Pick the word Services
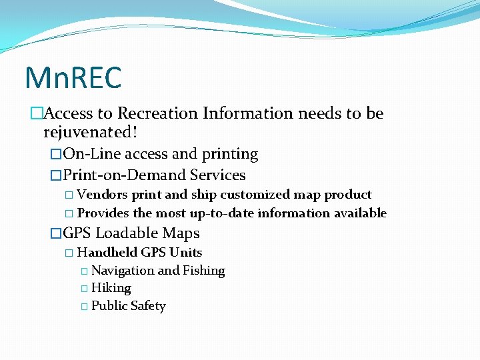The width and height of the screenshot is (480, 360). coord(218,175)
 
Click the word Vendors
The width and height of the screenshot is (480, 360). coord(103,195)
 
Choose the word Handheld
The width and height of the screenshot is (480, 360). coord(107,253)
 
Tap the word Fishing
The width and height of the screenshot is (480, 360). coord(204,271)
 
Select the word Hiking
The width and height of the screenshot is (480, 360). coord(111,288)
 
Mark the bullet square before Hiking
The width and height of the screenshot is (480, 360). coord(84,289)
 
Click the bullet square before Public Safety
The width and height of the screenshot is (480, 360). coord(84,307)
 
